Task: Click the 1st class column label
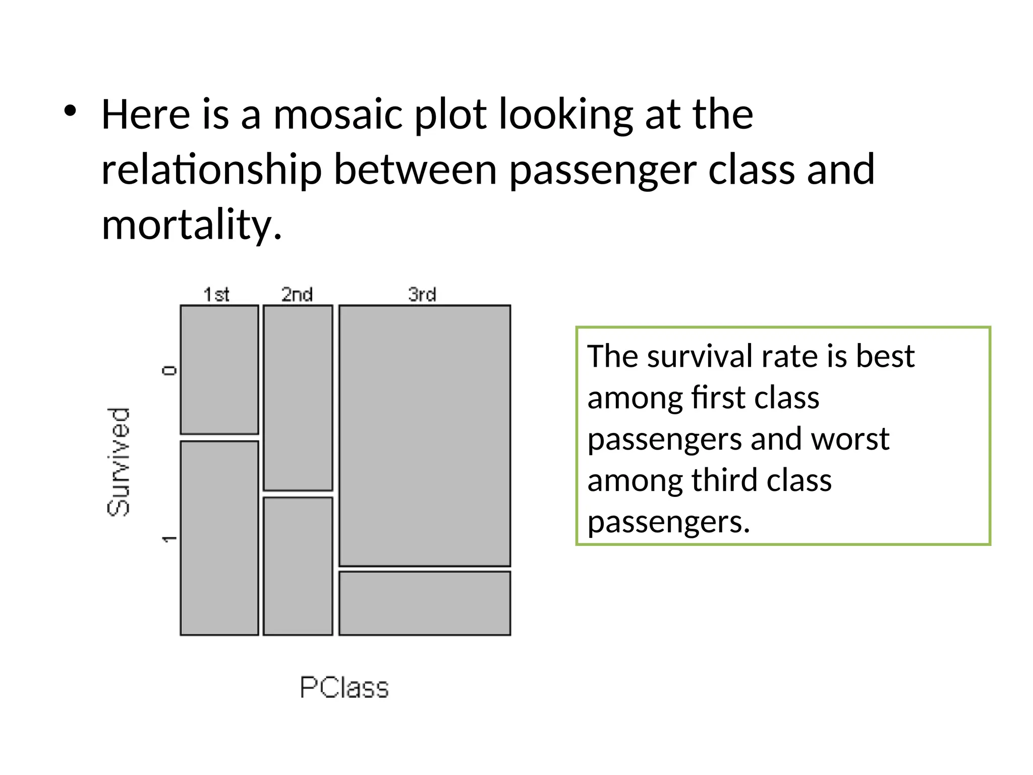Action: (216, 294)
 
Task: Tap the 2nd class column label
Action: (297, 294)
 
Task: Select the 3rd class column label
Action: (422, 294)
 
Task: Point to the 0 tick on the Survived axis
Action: (169, 371)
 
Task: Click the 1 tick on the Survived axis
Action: (169, 539)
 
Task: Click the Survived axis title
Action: (119, 462)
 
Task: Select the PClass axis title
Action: (345, 687)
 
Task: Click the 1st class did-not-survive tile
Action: (219, 369)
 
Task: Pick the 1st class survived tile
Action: (219, 538)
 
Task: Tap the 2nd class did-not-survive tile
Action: (298, 398)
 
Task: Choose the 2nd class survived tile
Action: (298, 566)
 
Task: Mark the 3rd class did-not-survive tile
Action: (425, 436)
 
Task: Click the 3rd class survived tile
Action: (425, 603)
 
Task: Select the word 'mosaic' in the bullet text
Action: (337, 115)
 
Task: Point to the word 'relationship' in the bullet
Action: (211, 170)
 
